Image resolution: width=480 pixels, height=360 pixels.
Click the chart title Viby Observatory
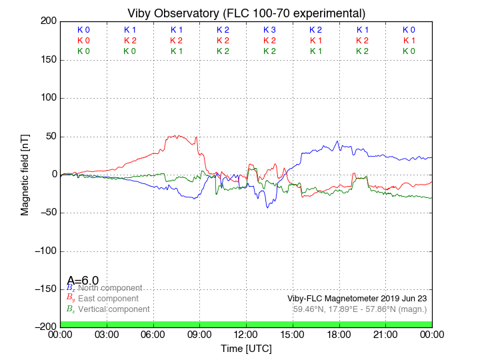247,13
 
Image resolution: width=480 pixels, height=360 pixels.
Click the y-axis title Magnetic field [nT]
25,173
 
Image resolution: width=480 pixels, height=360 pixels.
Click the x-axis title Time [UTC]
247,349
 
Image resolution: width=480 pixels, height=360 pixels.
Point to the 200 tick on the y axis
48,21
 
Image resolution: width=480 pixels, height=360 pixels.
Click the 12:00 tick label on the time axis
246,334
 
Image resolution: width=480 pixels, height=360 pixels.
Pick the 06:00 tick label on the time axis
153,334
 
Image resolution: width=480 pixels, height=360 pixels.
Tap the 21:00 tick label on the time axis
385,334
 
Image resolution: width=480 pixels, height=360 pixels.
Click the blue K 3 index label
269,30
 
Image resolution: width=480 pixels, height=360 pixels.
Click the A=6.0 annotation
83,280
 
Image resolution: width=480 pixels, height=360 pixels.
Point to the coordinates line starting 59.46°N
360,309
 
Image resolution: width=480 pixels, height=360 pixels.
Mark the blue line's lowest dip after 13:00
268,207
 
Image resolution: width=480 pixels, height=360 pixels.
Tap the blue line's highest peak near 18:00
339,141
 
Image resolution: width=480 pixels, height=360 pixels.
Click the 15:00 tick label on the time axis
293,334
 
